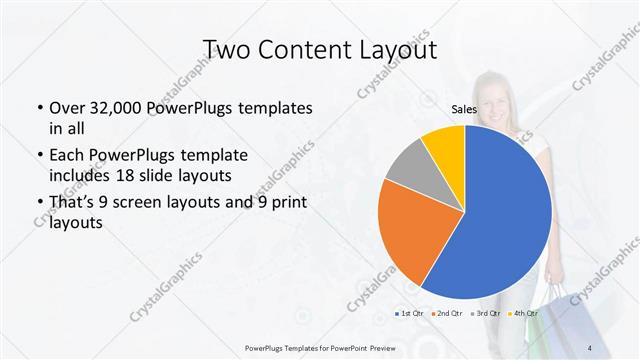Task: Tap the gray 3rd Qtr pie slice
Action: point(410,171)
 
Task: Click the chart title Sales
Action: point(463,110)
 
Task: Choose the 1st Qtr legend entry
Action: point(409,315)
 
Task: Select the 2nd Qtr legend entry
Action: point(447,315)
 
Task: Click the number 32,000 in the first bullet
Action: point(117,107)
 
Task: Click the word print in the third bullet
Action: point(287,205)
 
